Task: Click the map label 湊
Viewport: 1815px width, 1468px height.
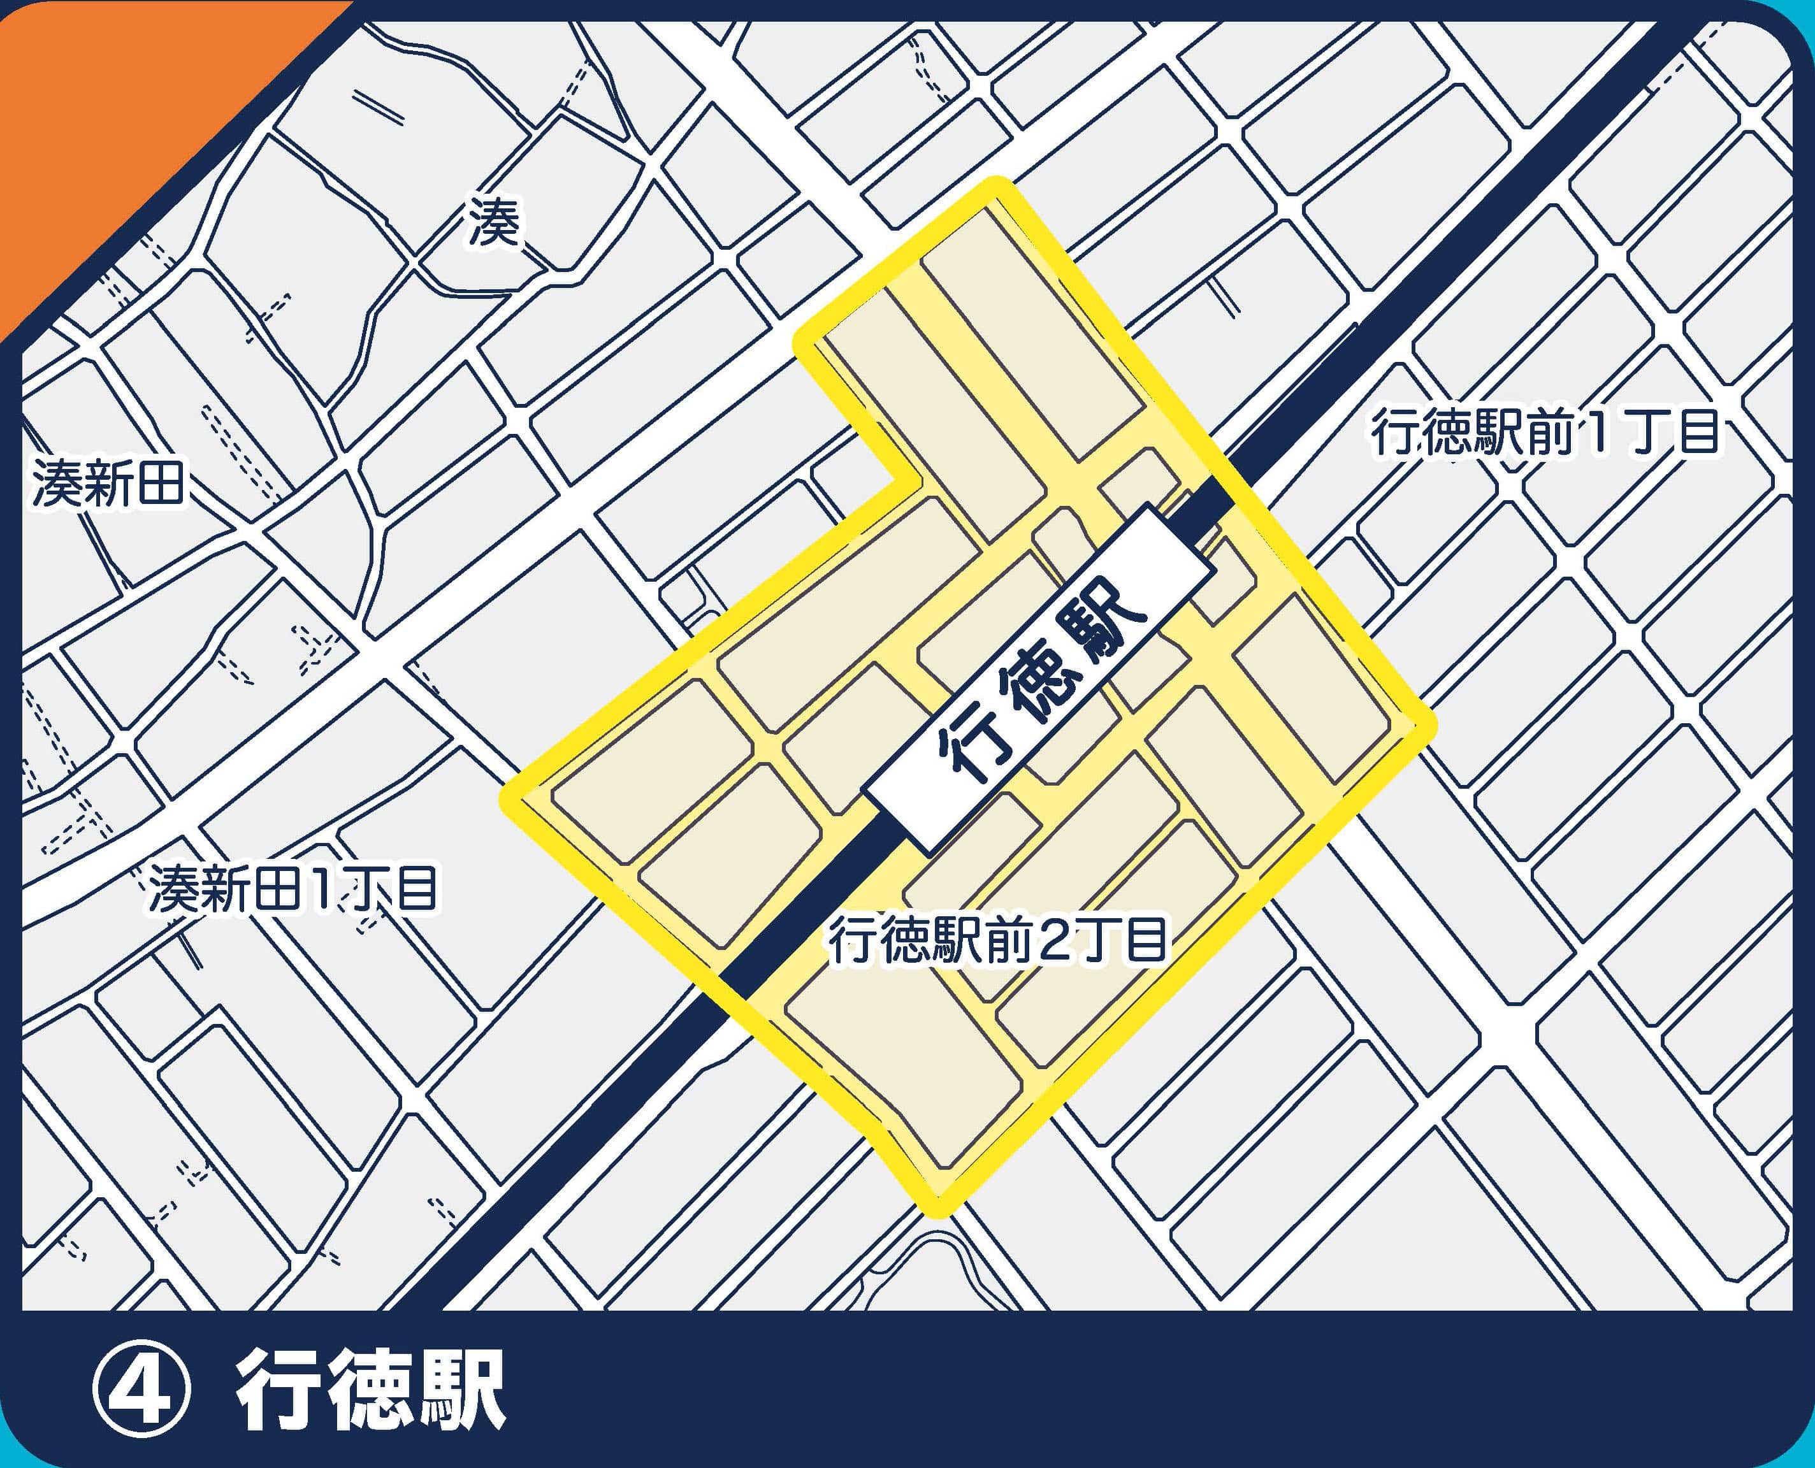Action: pos(495,223)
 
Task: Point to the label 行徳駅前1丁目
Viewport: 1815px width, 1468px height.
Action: pos(1545,434)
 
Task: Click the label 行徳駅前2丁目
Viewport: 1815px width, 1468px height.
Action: pos(998,941)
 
